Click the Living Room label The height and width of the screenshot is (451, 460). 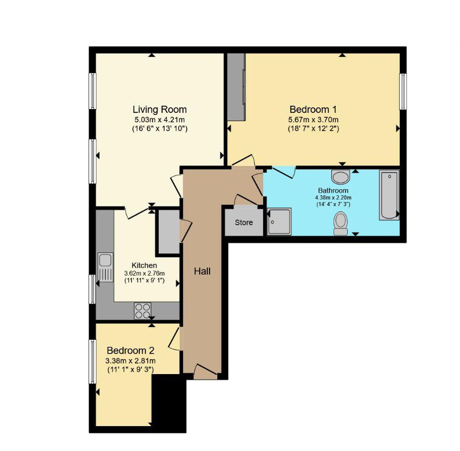[x=160, y=110]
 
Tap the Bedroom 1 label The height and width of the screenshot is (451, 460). [x=313, y=110]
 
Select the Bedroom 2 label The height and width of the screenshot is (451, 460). [x=130, y=351]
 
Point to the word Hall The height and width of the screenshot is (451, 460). [x=202, y=271]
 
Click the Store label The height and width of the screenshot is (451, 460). [x=244, y=222]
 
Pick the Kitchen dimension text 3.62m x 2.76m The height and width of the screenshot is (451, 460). [x=144, y=273]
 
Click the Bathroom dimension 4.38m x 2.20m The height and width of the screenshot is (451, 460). [x=333, y=198]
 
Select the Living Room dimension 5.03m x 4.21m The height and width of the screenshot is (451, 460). [x=160, y=120]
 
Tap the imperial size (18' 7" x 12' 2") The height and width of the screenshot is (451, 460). [x=313, y=128]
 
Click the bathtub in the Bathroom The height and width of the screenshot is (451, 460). [x=389, y=195]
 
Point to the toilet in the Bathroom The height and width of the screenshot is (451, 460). [x=341, y=224]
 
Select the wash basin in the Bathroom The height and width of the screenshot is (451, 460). [x=341, y=177]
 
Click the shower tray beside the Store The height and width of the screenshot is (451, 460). [x=279, y=222]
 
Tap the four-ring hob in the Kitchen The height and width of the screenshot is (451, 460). [x=143, y=310]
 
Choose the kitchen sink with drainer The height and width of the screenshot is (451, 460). [x=105, y=267]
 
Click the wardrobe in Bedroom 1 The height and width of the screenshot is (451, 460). [x=237, y=87]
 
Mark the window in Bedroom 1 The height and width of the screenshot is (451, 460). [x=403, y=91]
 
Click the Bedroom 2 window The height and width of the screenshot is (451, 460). [x=92, y=361]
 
